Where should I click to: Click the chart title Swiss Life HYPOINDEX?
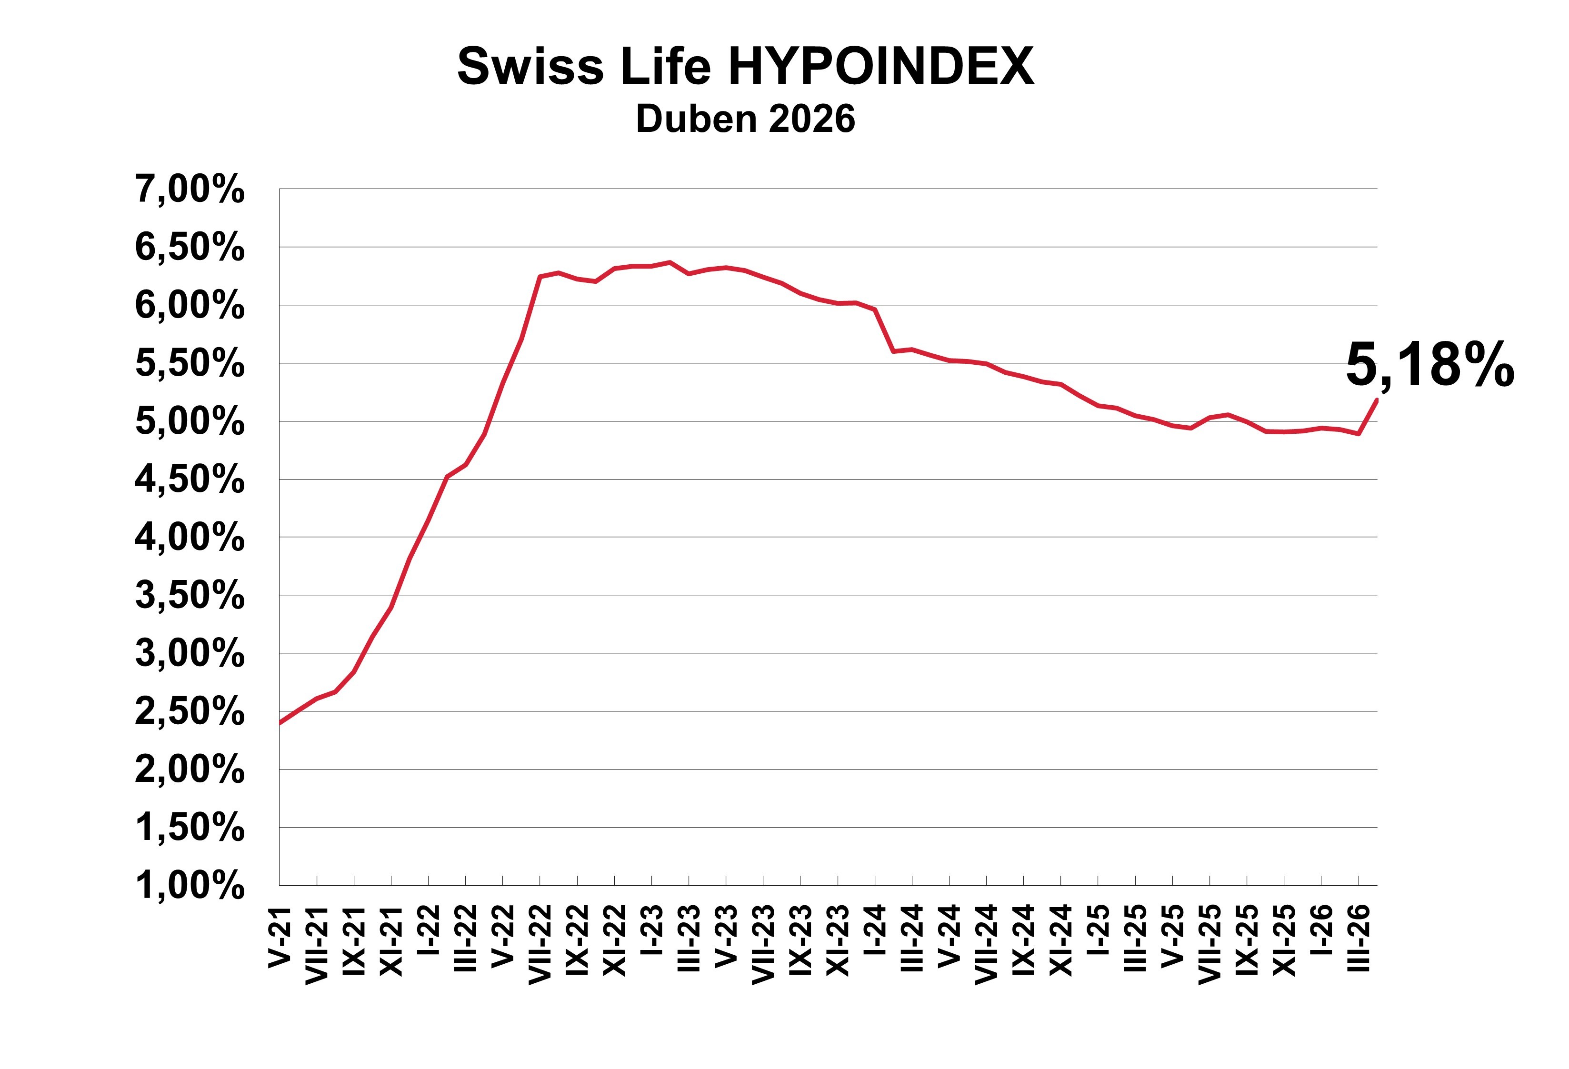point(745,66)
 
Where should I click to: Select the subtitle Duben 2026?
point(745,119)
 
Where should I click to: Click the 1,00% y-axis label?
point(190,885)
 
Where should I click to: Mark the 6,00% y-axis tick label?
point(190,305)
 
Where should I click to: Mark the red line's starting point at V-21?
point(280,722)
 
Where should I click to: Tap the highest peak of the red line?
point(670,262)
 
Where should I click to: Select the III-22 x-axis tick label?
point(466,939)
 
